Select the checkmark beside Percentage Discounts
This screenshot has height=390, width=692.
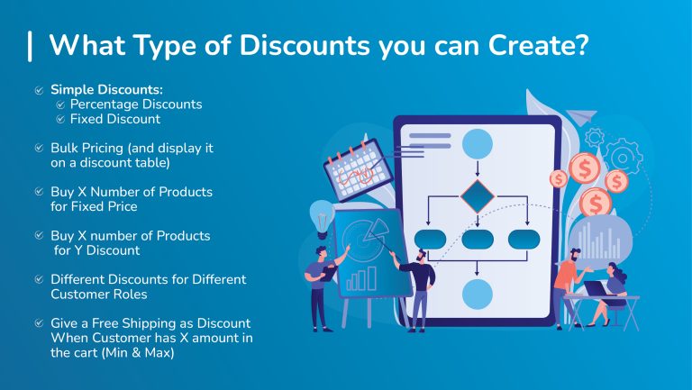(x=60, y=104)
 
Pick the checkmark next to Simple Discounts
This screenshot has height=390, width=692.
(x=39, y=90)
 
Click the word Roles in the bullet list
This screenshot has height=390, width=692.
(x=130, y=294)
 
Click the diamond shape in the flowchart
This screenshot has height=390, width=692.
(x=478, y=196)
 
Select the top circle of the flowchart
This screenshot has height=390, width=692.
(x=478, y=143)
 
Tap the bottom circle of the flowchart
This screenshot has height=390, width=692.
(x=478, y=294)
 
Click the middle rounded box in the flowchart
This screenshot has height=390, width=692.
(x=478, y=240)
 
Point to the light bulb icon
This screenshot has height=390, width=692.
(x=322, y=216)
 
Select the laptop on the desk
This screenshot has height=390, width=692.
(x=598, y=289)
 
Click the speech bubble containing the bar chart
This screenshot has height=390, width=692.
(x=599, y=239)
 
